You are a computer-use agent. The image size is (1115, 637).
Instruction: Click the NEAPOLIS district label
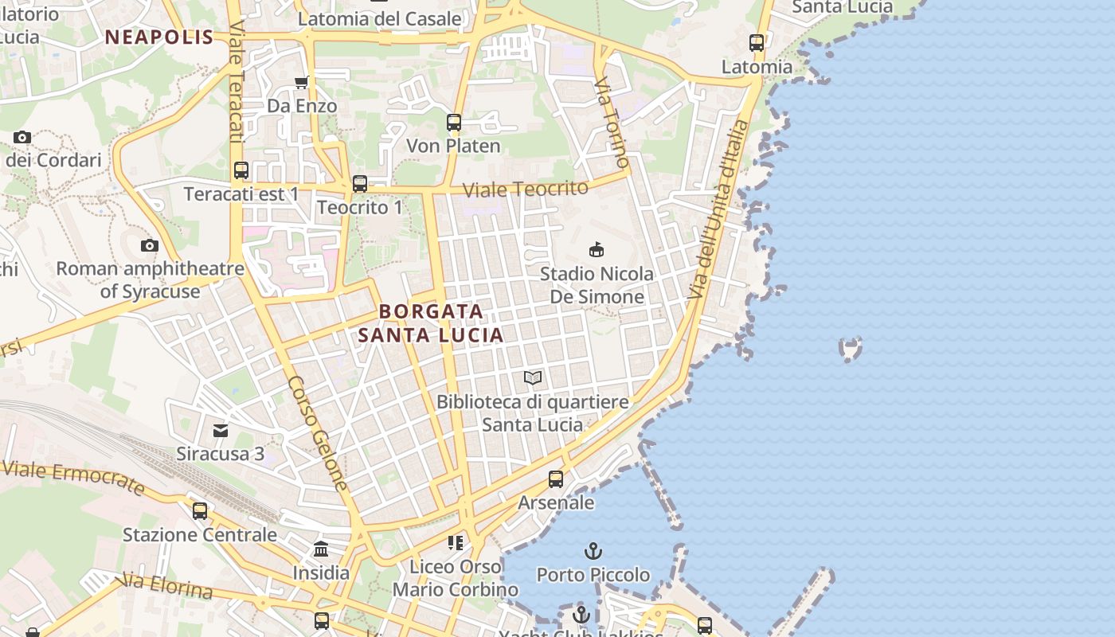159,37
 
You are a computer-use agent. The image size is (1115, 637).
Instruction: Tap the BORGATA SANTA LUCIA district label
431,323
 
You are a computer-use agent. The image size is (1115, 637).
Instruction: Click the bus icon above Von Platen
454,123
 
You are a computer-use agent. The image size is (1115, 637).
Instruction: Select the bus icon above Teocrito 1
360,184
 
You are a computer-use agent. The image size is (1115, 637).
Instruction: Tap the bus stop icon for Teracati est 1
241,170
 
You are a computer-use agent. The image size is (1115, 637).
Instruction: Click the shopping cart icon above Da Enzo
301,82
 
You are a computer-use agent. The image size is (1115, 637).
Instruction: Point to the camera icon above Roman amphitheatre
150,245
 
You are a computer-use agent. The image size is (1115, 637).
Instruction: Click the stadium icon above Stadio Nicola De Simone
596,249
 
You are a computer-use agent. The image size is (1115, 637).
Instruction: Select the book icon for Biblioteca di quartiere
533,377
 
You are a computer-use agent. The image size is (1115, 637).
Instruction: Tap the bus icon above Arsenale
556,479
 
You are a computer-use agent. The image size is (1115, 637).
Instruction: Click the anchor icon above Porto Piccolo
593,550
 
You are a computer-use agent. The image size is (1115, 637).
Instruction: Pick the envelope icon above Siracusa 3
221,431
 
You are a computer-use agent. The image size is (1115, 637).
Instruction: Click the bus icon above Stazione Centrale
200,510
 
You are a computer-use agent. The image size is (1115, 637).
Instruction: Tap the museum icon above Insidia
321,549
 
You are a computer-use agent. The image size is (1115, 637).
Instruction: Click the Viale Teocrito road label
526,189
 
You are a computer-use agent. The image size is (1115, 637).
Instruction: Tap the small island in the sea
851,348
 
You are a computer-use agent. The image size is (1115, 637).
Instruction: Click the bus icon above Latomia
757,43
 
